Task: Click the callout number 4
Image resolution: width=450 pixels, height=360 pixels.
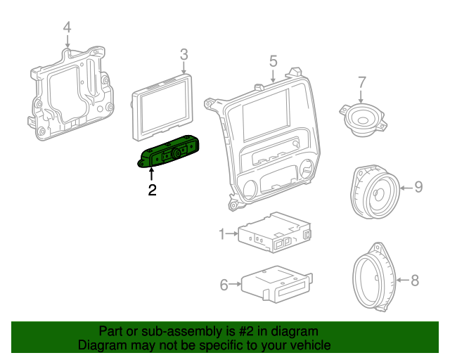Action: click(x=67, y=27)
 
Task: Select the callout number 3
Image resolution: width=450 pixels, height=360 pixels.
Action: click(x=184, y=54)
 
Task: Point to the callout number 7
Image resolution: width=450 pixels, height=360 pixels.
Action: click(x=361, y=82)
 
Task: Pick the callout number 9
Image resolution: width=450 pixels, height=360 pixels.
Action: click(x=418, y=186)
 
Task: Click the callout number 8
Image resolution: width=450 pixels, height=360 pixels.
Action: click(x=414, y=281)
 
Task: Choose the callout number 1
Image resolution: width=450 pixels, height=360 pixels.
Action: click(x=221, y=233)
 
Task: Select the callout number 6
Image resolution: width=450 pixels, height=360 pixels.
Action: click(x=224, y=285)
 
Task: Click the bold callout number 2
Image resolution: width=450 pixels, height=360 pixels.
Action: click(x=152, y=189)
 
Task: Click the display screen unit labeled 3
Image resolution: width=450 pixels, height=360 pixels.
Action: click(x=162, y=107)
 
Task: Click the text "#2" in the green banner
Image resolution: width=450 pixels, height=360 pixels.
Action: click(x=247, y=331)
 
